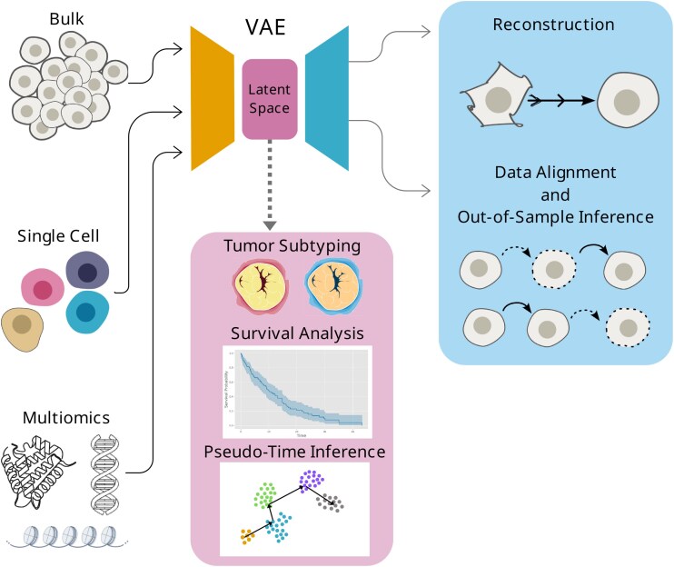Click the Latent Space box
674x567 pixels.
pos(270,99)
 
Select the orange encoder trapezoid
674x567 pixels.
pos(211,98)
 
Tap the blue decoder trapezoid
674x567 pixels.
pos(327,98)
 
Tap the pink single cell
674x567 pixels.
pos(40,287)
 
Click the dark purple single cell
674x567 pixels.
pos(87,273)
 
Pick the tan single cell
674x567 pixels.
pos(25,326)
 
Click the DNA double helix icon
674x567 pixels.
pos(105,473)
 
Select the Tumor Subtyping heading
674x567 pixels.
pos(292,247)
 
